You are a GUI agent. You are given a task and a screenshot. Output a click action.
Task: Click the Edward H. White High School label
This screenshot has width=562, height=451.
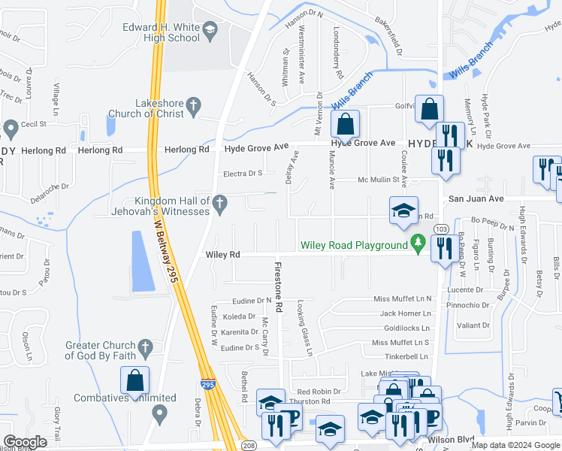pyautogui.click(x=162, y=32)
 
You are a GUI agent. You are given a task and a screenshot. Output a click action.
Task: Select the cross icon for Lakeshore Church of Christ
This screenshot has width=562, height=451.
pyautogui.click(x=193, y=105)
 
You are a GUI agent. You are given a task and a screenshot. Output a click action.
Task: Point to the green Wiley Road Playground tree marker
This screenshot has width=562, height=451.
pyautogui.click(x=418, y=243)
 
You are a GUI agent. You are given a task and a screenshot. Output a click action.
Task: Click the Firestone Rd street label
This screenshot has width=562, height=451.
pyautogui.click(x=277, y=288)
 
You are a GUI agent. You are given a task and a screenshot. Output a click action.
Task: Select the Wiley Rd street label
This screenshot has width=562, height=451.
pyautogui.click(x=222, y=256)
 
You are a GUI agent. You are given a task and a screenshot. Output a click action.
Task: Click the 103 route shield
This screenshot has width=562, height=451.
pyautogui.click(x=442, y=229)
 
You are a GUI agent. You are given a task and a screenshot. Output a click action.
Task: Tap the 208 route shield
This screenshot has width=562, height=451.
pyautogui.click(x=249, y=446)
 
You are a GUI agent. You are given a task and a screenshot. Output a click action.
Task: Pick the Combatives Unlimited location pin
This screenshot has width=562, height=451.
pyautogui.click(x=159, y=413)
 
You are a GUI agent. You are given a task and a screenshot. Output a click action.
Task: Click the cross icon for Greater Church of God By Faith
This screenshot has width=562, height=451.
pyautogui.click(x=147, y=347)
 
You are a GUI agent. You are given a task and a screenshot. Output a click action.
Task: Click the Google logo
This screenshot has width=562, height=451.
pyautogui.click(x=25, y=442)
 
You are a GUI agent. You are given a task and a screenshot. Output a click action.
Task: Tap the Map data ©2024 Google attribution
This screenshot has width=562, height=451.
pyautogui.click(x=515, y=445)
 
